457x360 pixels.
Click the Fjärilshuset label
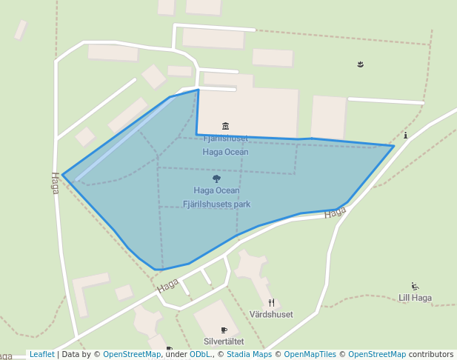[225, 139]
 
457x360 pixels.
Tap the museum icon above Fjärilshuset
[225, 125]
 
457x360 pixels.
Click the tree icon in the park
[216, 179]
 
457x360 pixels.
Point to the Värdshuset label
[271, 314]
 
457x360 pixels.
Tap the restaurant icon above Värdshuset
[272, 302]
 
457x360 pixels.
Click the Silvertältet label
[224, 341]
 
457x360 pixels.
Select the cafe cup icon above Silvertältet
[224, 330]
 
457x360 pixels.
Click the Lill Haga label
[415, 298]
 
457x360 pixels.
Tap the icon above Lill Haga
[415, 286]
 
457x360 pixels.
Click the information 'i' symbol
[406, 135]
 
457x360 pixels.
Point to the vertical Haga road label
[55, 183]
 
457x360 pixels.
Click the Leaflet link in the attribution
[41, 354]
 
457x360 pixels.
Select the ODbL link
[199, 354]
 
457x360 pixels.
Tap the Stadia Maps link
[248, 354]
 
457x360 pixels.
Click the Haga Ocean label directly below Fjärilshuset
[225, 152]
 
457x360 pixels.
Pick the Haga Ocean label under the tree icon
[216, 190]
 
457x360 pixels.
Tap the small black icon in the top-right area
[360, 64]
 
